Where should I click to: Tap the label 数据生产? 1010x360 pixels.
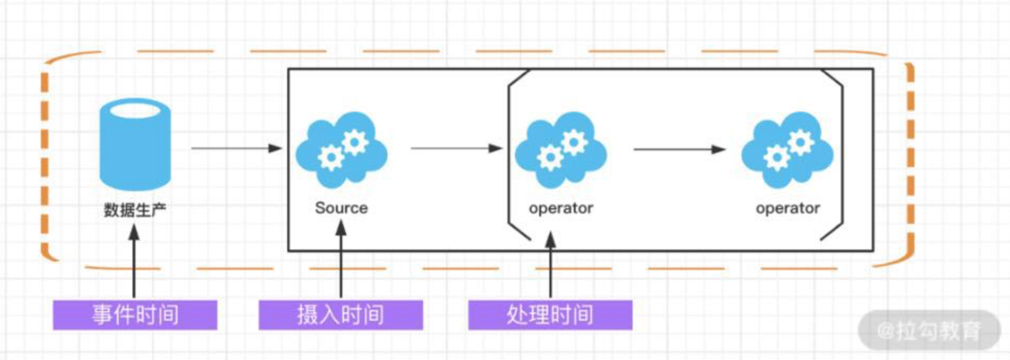135,210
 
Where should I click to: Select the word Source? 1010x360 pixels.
341,208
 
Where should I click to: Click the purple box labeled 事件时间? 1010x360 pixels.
135,315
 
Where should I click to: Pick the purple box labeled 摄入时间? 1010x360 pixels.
340,315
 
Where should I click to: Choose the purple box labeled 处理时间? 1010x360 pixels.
550,315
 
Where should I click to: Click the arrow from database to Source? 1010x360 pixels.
236,148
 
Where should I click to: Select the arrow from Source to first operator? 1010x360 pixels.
456,148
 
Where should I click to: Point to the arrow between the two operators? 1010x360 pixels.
678,149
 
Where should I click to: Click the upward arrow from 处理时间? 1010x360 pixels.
550,265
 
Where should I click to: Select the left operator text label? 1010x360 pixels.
561,208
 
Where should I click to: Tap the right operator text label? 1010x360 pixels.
788,208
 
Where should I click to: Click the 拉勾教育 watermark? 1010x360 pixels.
929,330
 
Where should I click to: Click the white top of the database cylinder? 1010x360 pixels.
135,110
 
